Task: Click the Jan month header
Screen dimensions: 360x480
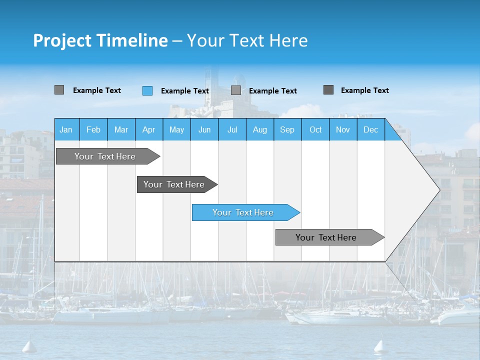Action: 66,129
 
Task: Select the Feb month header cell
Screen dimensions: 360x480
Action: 93,129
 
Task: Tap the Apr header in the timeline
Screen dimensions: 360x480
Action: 148,129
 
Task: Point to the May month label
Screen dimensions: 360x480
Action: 176,129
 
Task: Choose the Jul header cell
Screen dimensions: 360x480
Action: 232,129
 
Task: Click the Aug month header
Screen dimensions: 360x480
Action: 259,129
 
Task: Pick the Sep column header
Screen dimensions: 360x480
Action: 287,129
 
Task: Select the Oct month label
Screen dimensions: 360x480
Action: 315,129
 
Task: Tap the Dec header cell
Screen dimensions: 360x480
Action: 370,129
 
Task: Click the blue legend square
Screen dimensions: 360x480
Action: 147,90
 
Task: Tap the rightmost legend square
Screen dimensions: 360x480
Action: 328,90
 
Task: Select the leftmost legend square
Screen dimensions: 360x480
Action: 59,90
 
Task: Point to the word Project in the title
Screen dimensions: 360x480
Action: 62,40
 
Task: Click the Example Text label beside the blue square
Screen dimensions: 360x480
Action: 184,91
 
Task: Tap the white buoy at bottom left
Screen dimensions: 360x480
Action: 28,346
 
